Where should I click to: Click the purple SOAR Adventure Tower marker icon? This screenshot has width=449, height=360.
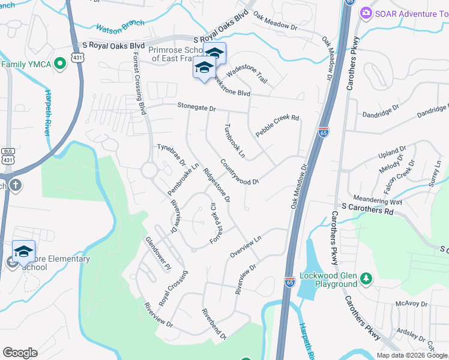[365, 13]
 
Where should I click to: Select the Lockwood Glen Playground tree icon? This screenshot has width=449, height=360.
[365, 278]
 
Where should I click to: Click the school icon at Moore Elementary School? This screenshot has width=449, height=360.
[23, 251]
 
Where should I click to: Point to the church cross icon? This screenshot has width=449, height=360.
[14, 185]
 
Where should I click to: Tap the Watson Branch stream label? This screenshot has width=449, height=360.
[121, 23]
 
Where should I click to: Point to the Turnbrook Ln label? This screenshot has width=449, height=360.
[235, 141]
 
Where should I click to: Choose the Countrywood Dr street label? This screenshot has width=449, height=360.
[239, 172]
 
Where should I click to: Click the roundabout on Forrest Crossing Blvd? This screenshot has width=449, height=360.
[149, 170]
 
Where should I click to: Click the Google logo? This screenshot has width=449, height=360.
[20, 352]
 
